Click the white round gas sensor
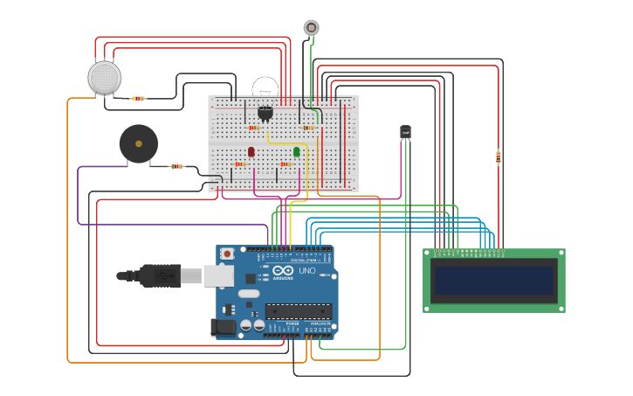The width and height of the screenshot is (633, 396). tap(105, 77)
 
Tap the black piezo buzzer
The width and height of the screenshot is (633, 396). tap(139, 143)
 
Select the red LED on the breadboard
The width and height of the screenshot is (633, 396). tap(251, 152)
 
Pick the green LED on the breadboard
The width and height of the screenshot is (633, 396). tap(297, 152)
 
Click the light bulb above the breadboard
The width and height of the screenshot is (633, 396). tap(265, 88)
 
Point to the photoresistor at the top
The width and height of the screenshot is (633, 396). tap(312, 27)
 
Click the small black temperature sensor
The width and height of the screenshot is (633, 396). tap(405, 132)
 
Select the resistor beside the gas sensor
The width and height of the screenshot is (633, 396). tap(138, 98)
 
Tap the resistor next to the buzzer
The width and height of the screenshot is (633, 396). tap(177, 166)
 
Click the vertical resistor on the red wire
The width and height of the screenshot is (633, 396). tap(499, 157)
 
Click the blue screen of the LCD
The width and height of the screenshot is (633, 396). tap(494, 281)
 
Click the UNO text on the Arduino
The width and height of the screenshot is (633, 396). tap(307, 271)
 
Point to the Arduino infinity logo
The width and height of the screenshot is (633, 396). tap(283, 271)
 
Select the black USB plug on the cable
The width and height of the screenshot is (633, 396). tap(161, 276)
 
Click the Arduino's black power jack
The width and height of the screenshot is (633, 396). tap(224, 328)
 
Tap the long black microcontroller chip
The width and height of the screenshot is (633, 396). tap(299, 310)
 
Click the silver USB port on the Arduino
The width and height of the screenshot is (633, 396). tap(218, 276)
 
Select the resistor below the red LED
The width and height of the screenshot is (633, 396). tap(240, 164)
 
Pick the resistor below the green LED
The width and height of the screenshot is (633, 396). tap(285, 164)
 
